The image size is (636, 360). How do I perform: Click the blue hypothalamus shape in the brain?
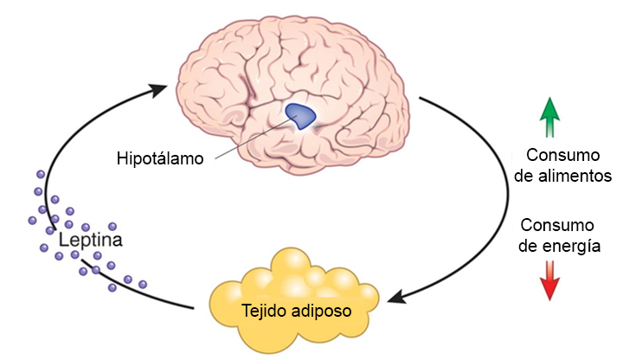[x=300, y=115]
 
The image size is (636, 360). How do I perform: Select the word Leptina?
[x=91, y=239]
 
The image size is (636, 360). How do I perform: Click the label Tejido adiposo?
[x=282, y=309]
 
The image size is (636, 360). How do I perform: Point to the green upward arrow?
[x=548, y=117]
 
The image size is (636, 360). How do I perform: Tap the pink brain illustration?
[x=260, y=61]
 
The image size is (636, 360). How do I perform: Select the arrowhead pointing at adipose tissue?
[x=396, y=297]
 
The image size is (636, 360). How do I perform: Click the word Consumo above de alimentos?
[x=562, y=156]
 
